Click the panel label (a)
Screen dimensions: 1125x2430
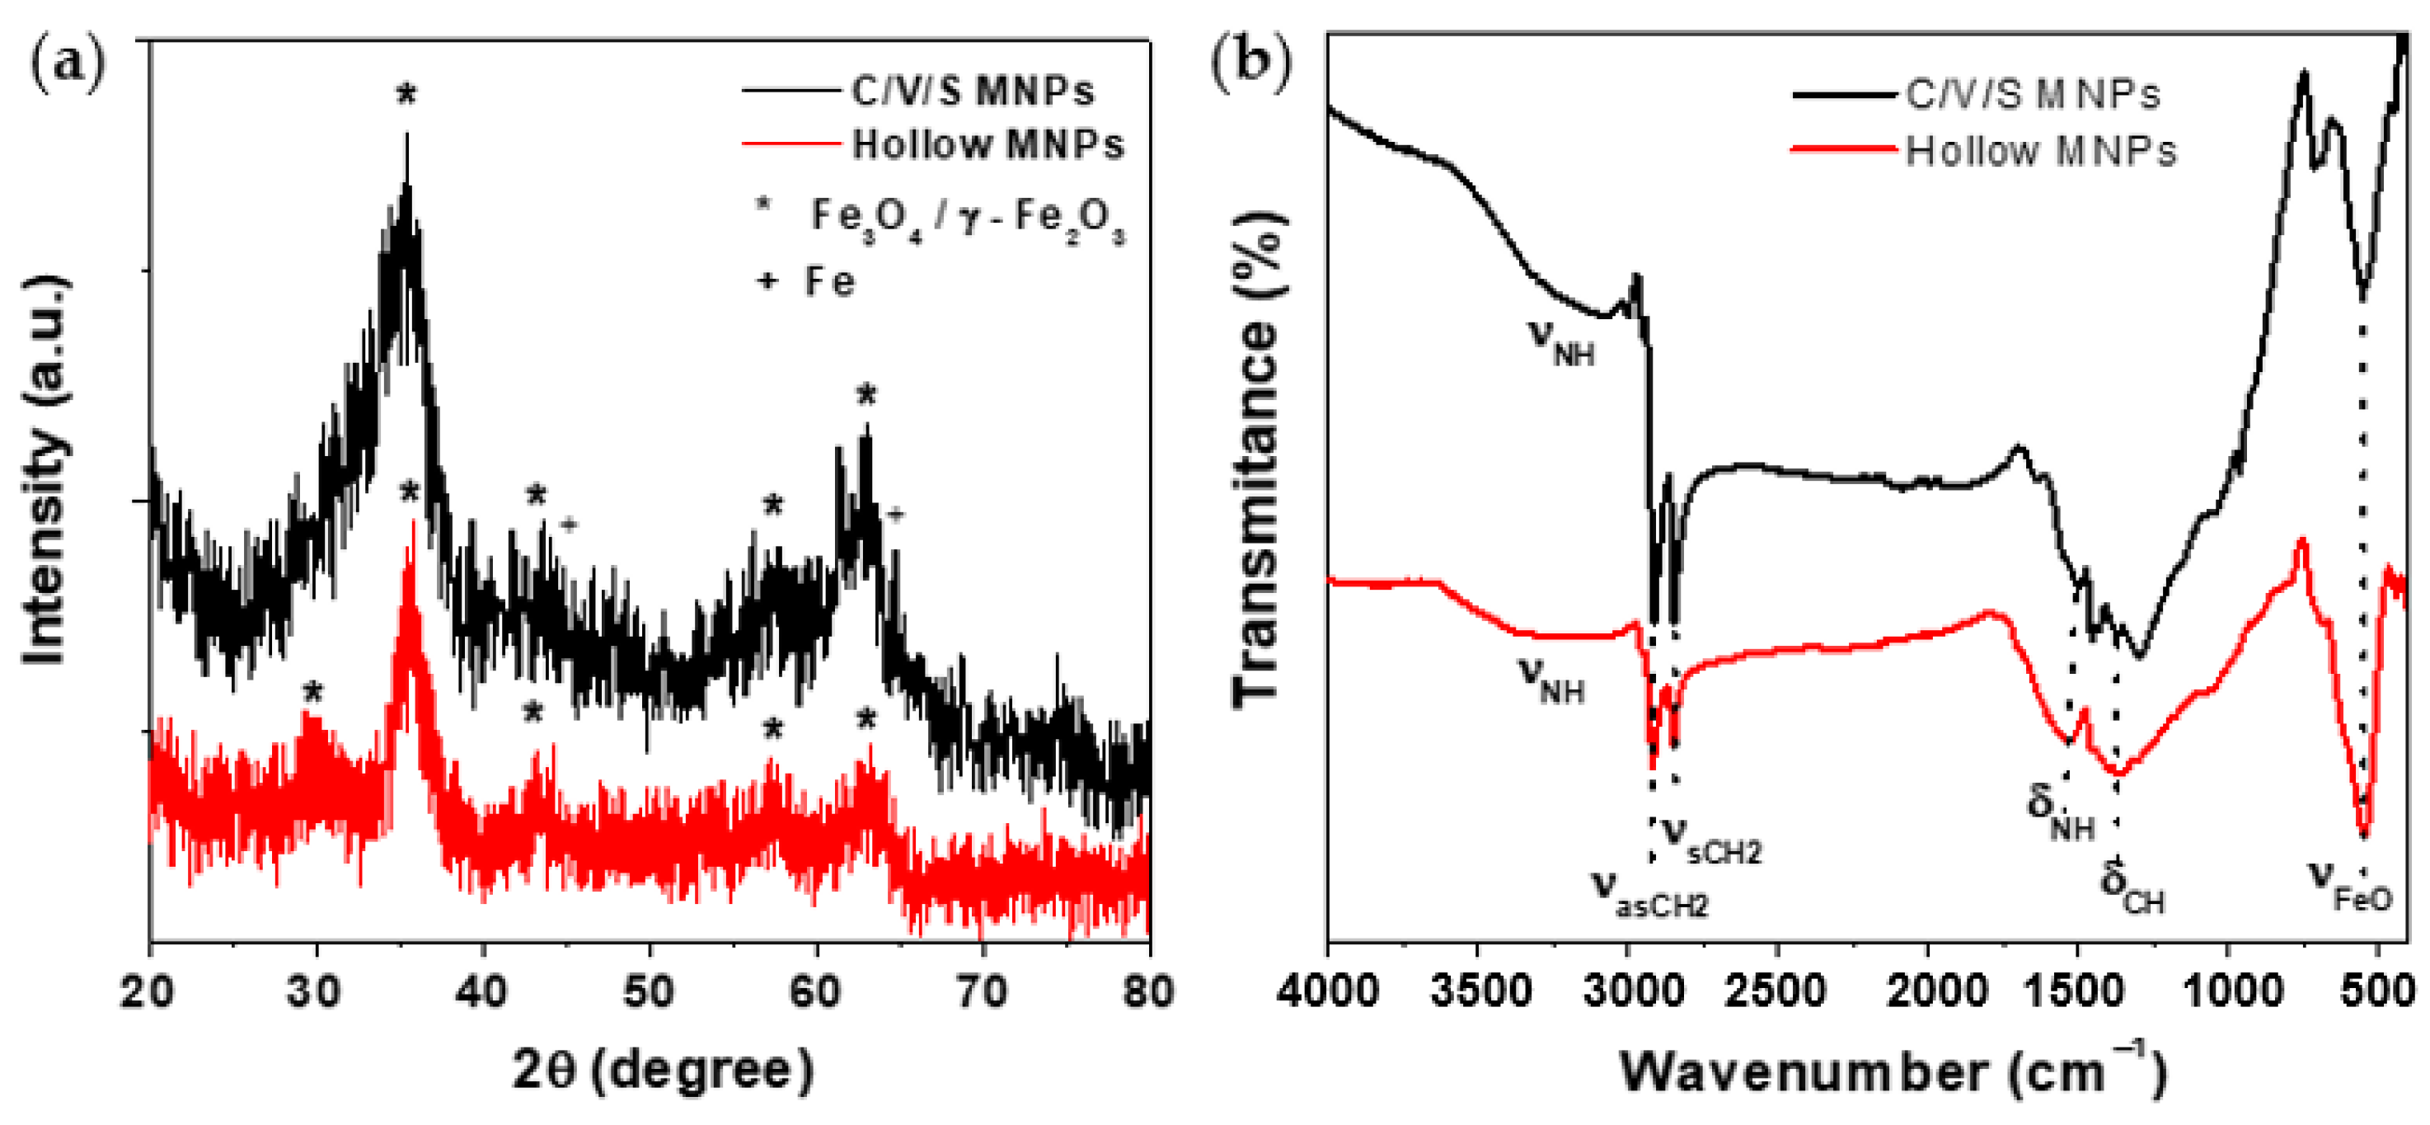(x=68, y=65)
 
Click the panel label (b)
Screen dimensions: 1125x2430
(x=1250, y=65)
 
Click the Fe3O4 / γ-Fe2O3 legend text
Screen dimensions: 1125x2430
(x=967, y=218)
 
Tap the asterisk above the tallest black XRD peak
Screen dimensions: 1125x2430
(x=406, y=94)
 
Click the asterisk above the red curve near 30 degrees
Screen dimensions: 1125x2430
(x=313, y=694)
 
